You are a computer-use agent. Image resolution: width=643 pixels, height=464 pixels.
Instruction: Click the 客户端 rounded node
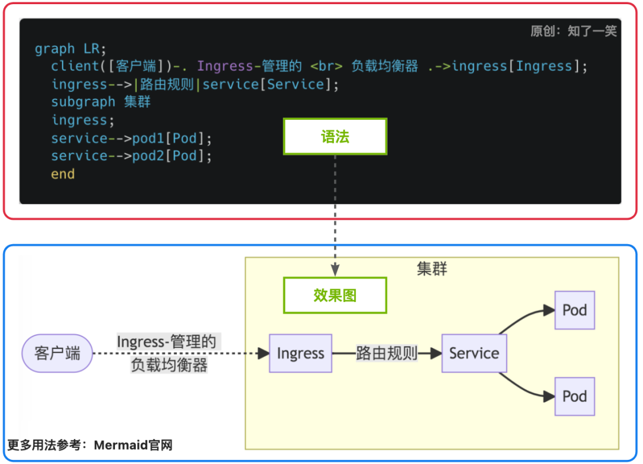[x=57, y=353]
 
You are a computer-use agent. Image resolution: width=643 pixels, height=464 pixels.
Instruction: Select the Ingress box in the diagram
[x=300, y=353]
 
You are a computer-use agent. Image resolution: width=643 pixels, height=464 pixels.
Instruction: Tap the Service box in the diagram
[x=474, y=353]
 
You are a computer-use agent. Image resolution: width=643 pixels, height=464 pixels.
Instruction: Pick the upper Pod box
[x=575, y=310]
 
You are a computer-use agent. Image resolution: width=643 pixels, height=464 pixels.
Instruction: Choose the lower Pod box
[x=575, y=396]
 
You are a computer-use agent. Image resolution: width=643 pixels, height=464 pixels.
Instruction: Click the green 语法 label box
[x=335, y=137]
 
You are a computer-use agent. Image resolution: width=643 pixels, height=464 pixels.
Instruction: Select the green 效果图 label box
[x=335, y=295]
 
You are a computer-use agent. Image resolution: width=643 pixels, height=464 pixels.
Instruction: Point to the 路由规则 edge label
[x=386, y=353]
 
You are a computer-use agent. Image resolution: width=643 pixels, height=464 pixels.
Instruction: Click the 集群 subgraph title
[x=432, y=269]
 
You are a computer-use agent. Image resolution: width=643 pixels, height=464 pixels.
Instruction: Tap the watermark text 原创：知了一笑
[x=573, y=31]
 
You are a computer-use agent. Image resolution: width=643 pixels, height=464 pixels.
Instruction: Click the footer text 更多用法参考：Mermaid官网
[x=90, y=445]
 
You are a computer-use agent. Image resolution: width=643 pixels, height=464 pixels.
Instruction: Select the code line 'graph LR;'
[x=70, y=49]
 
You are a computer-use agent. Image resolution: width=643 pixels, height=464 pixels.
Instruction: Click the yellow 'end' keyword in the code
[x=63, y=174]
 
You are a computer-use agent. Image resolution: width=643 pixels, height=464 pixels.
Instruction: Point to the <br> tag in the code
[x=326, y=66]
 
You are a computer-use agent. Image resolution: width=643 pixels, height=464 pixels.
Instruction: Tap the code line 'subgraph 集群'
[x=101, y=102]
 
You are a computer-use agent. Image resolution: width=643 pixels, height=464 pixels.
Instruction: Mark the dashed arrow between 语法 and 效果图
[x=335, y=214]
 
